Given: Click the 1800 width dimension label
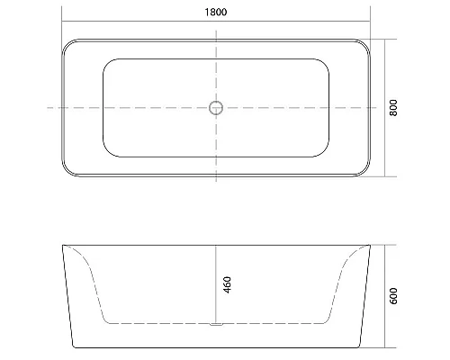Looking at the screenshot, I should (x=215, y=12).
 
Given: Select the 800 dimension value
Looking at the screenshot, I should (x=394, y=108).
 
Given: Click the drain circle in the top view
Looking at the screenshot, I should (x=215, y=108).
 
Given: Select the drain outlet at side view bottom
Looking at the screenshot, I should (x=215, y=322).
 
